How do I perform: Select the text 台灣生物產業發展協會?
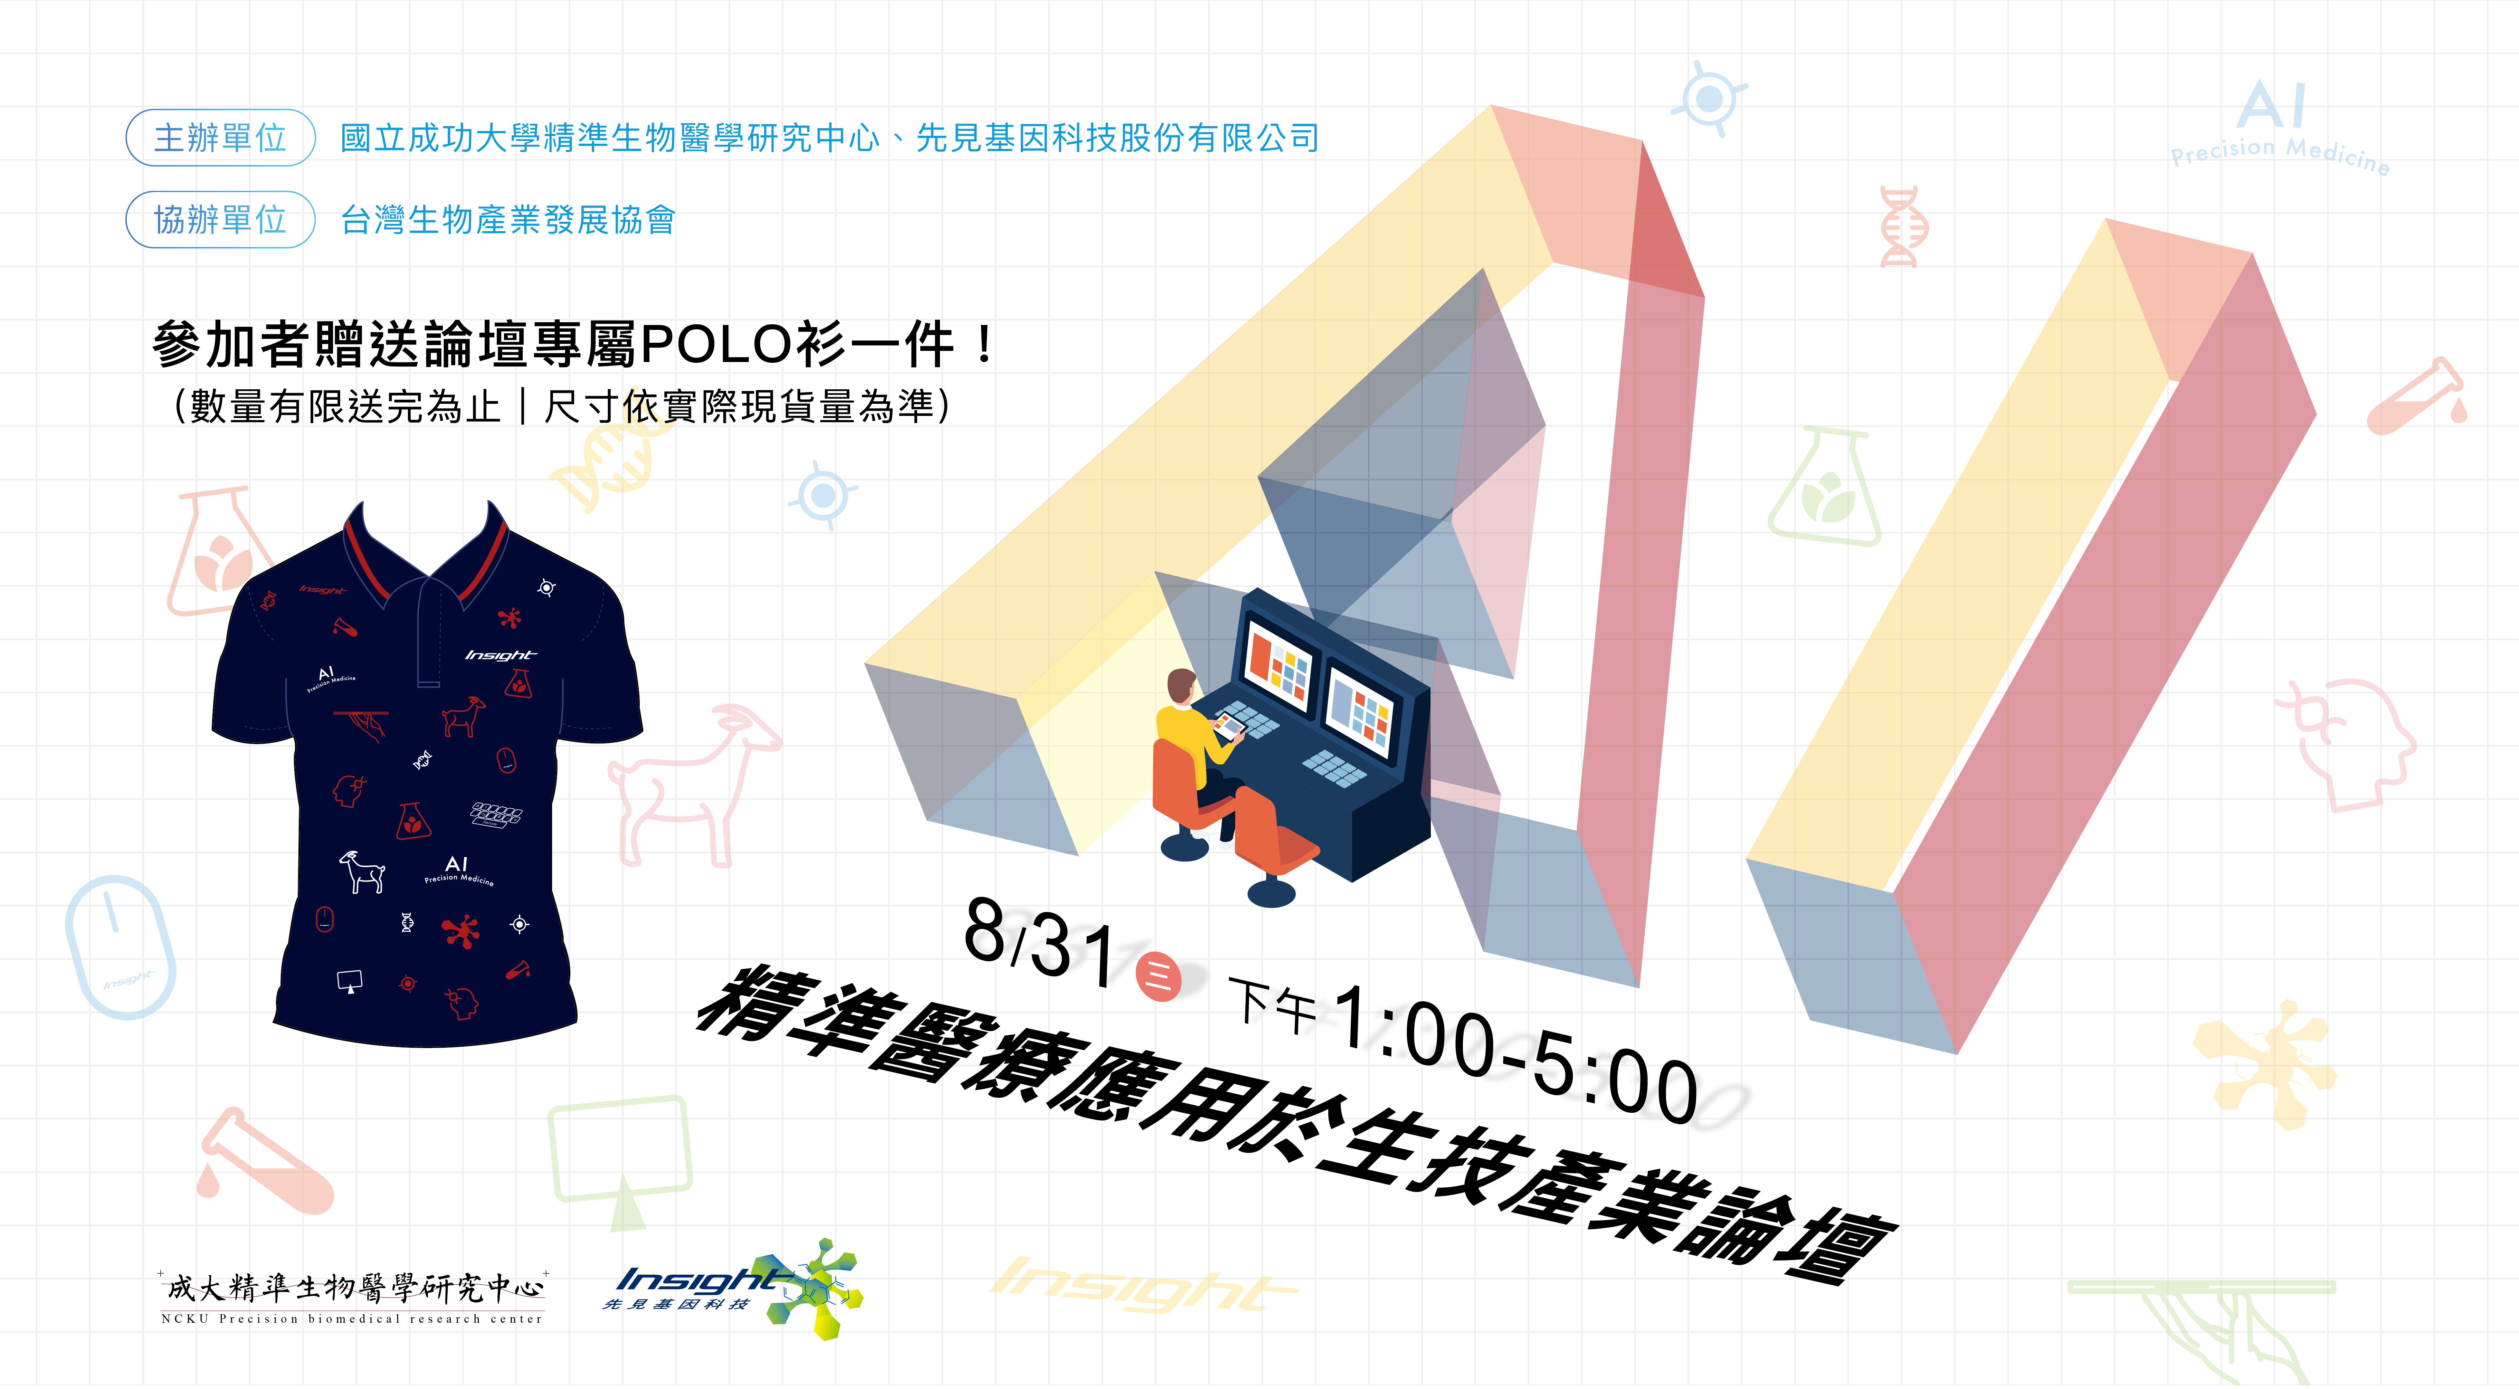507,220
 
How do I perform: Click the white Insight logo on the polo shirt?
501,654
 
